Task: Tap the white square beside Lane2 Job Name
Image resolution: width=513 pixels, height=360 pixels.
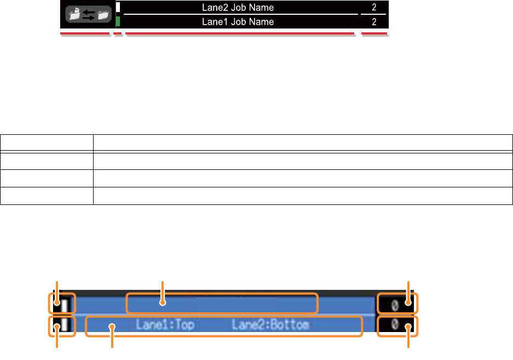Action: click(118, 8)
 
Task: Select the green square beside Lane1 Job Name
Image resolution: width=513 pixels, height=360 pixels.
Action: click(118, 22)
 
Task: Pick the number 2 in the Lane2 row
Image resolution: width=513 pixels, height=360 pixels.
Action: click(373, 8)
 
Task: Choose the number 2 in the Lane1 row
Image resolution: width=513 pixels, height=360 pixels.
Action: click(373, 22)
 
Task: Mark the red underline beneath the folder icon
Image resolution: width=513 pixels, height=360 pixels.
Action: click(85, 34)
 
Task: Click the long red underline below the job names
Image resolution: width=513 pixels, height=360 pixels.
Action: click(240, 34)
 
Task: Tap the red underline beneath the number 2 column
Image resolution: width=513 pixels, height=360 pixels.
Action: click(375, 34)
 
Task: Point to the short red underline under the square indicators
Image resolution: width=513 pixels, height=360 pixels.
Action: click(118, 34)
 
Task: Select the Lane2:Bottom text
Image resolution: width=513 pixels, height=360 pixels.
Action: click(270, 325)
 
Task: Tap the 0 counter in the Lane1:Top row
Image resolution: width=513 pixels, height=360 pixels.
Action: click(394, 325)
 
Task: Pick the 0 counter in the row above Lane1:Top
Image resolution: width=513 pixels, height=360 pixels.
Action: click(394, 303)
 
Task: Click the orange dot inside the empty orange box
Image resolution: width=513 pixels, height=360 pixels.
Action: click(162, 302)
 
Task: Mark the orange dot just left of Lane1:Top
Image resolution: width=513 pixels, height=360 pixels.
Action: click(112, 327)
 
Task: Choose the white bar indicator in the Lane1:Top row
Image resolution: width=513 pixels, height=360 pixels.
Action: click(64, 325)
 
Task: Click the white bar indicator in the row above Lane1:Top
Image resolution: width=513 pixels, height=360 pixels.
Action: click(64, 303)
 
